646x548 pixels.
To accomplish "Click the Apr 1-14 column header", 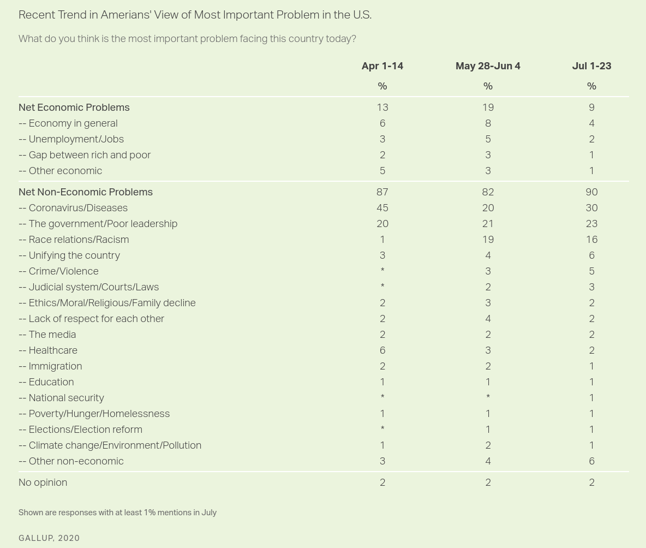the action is pos(382,66).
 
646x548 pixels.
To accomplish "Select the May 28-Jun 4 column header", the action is pos(488,66).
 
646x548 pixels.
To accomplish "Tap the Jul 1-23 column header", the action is pos(591,66).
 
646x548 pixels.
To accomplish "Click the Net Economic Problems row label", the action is pos(74,108).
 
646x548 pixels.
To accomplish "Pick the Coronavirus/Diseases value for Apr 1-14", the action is pos(382,208).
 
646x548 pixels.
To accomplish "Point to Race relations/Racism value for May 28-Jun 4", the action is pos(488,240).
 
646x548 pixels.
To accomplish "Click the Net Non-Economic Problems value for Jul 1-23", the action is pos(591,192).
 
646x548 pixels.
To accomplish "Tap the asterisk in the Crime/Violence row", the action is pos(382,270).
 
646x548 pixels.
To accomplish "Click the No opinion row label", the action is pos(43,483).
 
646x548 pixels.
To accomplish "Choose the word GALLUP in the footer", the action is pos(36,538).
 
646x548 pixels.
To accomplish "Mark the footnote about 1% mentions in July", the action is pos(117,513).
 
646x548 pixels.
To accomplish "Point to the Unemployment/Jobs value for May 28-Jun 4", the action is pos(488,139).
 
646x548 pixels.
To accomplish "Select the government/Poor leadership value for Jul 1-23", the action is pos(591,224).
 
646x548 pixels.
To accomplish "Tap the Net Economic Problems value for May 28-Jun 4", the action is pos(488,108).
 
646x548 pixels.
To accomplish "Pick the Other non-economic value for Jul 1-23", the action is pos(591,461).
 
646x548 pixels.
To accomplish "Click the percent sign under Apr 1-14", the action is pos(382,86).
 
